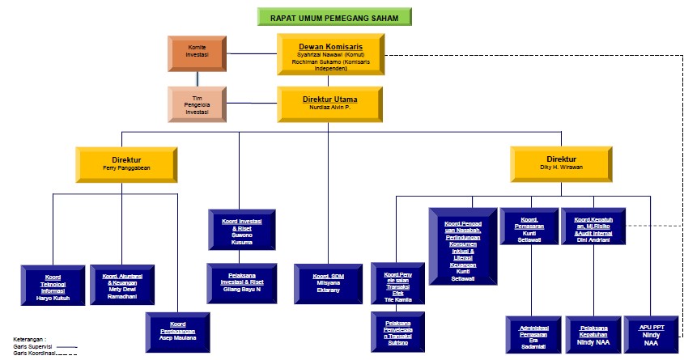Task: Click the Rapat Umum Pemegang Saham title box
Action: pyautogui.click(x=334, y=16)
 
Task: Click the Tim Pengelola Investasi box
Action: pyautogui.click(x=198, y=104)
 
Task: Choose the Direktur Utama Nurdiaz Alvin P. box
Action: pyautogui.click(x=329, y=104)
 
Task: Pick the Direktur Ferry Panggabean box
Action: pyautogui.click(x=125, y=164)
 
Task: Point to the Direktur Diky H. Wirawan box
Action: pyautogui.click(x=559, y=164)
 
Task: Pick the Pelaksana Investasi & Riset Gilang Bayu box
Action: pyautogui.click(x=240, y=281)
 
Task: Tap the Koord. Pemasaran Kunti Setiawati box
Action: pyautogui.click(x=529, y=226)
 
